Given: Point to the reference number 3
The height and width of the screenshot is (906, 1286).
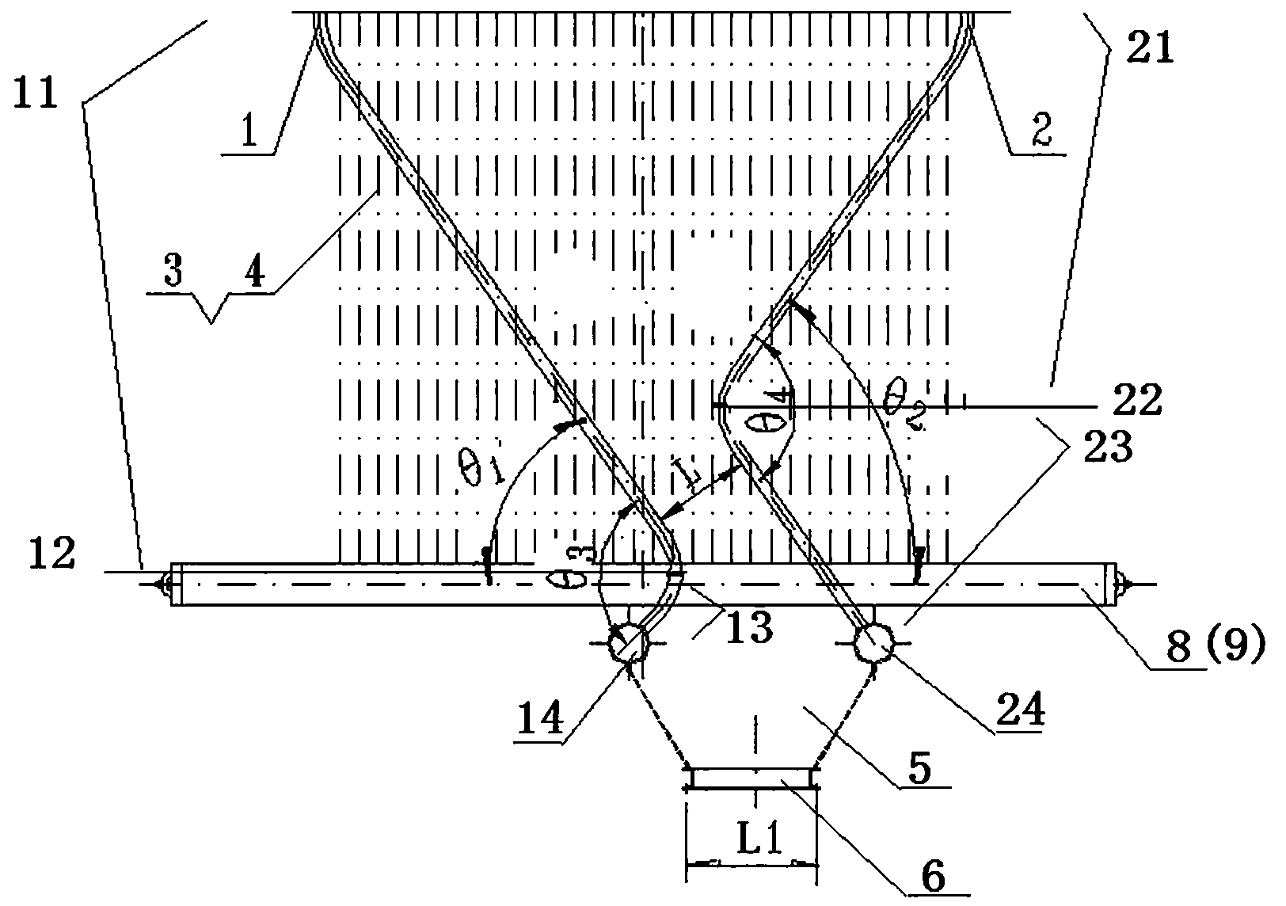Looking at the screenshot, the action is point(173,273).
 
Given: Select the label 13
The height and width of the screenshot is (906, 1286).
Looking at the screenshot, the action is point(748,628).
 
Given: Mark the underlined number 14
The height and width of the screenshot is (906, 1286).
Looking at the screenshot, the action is point(540,719).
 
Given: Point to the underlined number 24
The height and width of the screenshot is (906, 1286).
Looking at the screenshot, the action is point(1021,710).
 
